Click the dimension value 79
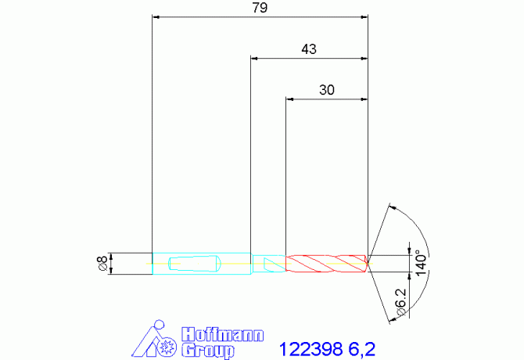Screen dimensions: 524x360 pos(260,8)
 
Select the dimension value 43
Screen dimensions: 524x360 pos(309,49)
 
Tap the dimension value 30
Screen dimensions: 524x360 pos(326,90)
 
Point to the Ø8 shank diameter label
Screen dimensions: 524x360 pos(102,264)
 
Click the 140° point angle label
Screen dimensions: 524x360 pos(421,263)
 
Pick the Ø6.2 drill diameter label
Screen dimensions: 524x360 pos(401,302)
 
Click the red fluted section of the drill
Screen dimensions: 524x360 pos(326,264)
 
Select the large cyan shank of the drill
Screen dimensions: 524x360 pos(202,264)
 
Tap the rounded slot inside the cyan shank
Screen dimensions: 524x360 pos(195,264)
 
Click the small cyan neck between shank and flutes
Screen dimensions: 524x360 pos(269,264)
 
